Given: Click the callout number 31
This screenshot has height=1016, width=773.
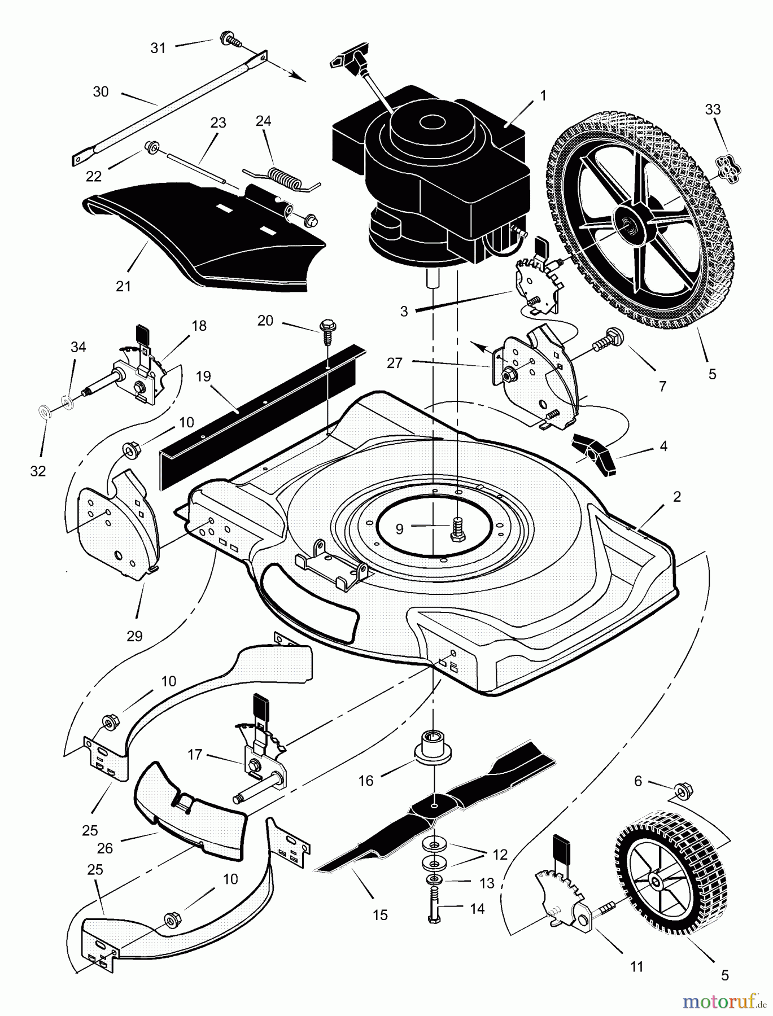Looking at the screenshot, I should [158, 48].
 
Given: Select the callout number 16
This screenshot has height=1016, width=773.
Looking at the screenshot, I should [366, 781].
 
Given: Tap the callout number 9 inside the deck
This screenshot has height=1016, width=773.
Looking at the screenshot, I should [400, 529].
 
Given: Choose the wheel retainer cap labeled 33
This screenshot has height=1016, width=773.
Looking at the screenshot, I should [722, 167].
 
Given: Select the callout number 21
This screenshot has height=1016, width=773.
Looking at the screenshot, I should [123, 286].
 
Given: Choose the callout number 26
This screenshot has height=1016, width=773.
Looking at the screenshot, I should [105, 848].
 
